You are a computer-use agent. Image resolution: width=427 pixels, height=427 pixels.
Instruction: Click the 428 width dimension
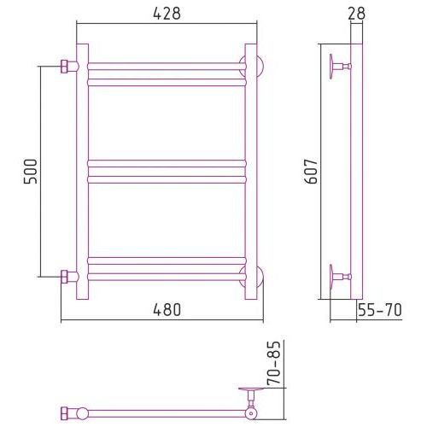click(x=167, y=14)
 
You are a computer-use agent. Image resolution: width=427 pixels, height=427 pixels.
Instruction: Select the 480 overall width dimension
click(x=167, y=310)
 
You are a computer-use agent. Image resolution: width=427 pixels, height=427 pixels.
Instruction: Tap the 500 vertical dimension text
click(x=31, y=172)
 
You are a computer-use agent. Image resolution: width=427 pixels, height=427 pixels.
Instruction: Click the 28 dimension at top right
click(x=356, y=14)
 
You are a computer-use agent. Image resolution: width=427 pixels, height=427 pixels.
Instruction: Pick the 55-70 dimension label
click(x=380, y=310)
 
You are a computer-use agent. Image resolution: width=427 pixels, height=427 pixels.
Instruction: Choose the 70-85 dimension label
click(x=274, y=363)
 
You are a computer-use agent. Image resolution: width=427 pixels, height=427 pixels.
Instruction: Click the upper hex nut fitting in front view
click(x=64, y=67)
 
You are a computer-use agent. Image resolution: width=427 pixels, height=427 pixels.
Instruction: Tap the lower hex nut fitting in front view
click(x=64, y=277)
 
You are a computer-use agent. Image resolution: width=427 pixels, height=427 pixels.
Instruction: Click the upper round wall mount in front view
click(x=260, y=67)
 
